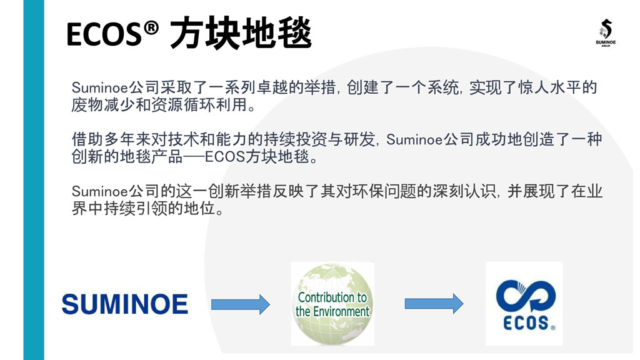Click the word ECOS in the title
104,34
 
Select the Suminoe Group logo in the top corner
606,32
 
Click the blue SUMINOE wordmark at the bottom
125,304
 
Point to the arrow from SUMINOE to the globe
241,304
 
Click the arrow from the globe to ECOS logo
434,304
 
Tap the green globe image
332,304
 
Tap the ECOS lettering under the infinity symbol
526,323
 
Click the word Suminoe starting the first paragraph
100,87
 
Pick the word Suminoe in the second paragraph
415,140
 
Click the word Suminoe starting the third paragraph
100,191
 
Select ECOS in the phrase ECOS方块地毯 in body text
225,157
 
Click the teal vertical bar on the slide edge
34,180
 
